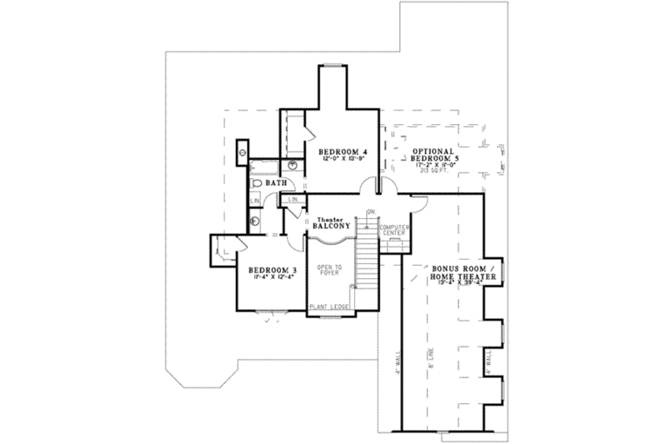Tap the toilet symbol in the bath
[x=258, y=183]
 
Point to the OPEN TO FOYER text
[x=329, y=273]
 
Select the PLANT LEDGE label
[x=328, y=307]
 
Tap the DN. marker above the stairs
[x=370, y=211]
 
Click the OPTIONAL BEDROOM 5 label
[x=435, y=155]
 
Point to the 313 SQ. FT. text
[x=435, y=172]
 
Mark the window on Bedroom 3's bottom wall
[x=270, y=313]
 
